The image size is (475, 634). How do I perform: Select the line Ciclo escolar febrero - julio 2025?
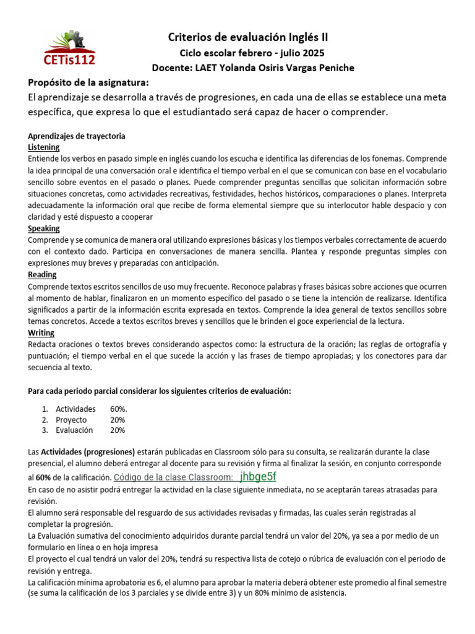(x=247, y=53)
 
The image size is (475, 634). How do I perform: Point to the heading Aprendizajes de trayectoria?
(x=77, y=136)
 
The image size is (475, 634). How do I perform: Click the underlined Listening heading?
(x=44, y=147)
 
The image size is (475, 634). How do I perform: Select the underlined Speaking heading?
(x=44, y=228)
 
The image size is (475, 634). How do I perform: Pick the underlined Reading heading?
(x=42, y=274)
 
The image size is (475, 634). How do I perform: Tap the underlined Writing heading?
(x=41, y=332)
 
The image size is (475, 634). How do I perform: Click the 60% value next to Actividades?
(x=119, y=409)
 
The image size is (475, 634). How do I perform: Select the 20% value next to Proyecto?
(x=118, y=420)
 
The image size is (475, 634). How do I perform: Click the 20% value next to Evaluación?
(x=118, y=430)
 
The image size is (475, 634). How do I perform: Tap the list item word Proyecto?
(x=71, y=420)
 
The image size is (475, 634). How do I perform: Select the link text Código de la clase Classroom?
(x=174, y=477)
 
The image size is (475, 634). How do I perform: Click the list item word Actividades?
(x=75, y=409)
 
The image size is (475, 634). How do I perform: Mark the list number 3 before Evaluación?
(x=45, y=430)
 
